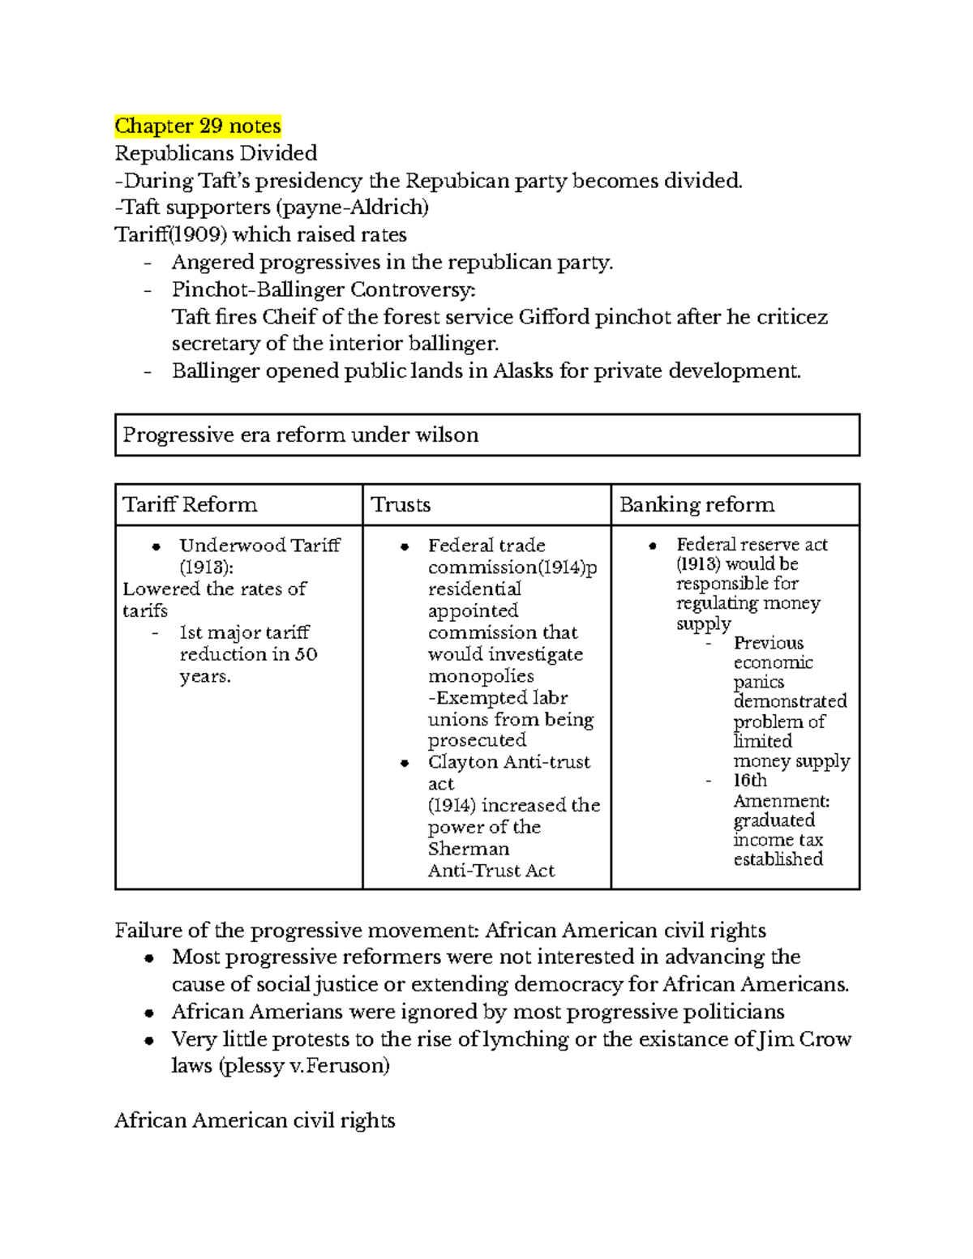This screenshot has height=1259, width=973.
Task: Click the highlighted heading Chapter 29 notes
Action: (197, 126)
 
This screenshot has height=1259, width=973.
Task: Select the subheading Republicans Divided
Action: (216, 153)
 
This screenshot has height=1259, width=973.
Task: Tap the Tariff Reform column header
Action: (190, 504)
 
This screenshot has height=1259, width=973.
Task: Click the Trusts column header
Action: (401, 504)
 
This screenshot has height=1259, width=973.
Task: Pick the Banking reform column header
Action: (697, 504)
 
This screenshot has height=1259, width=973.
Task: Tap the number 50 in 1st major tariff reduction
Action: (306, 654)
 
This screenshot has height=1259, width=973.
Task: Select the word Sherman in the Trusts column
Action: (469, 849)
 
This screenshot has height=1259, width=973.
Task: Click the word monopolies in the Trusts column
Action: (481, 676)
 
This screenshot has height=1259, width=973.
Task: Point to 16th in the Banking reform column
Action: (750, 780)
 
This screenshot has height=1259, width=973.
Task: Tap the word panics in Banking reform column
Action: (758, 682)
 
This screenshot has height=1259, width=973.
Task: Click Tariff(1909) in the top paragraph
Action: (171, 235)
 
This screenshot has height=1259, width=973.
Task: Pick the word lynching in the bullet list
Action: (525, 1039)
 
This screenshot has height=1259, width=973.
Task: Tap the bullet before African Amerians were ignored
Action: (149, 1013)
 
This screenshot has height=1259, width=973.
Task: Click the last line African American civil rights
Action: (255, 1120)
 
